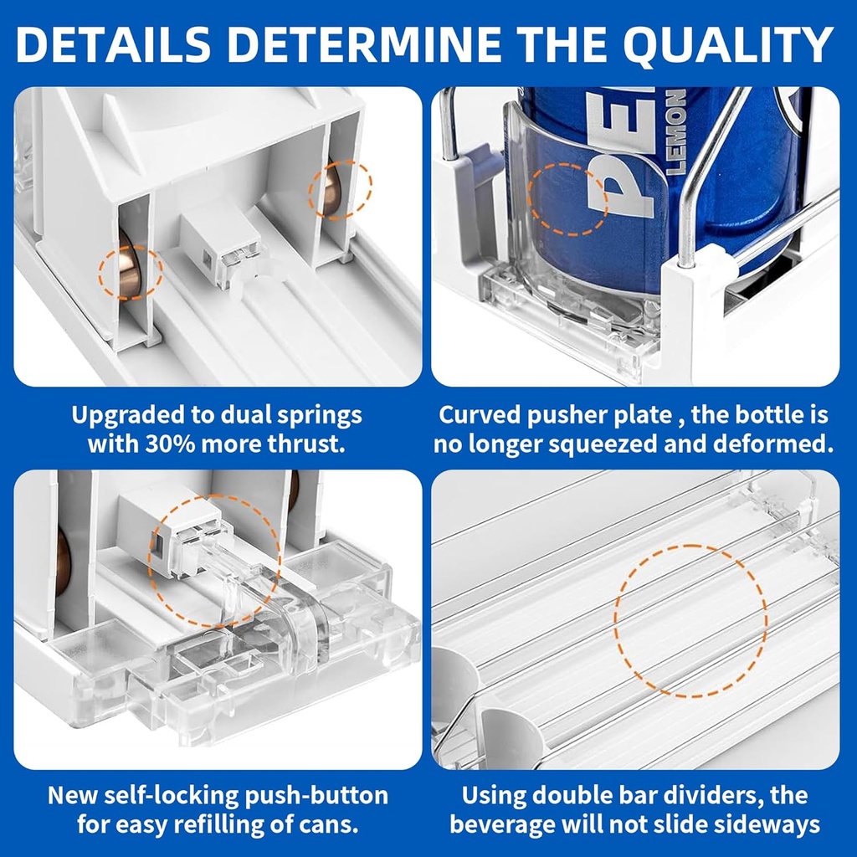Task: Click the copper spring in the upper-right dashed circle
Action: [333, 190]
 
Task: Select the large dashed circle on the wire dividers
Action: [690, 620]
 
